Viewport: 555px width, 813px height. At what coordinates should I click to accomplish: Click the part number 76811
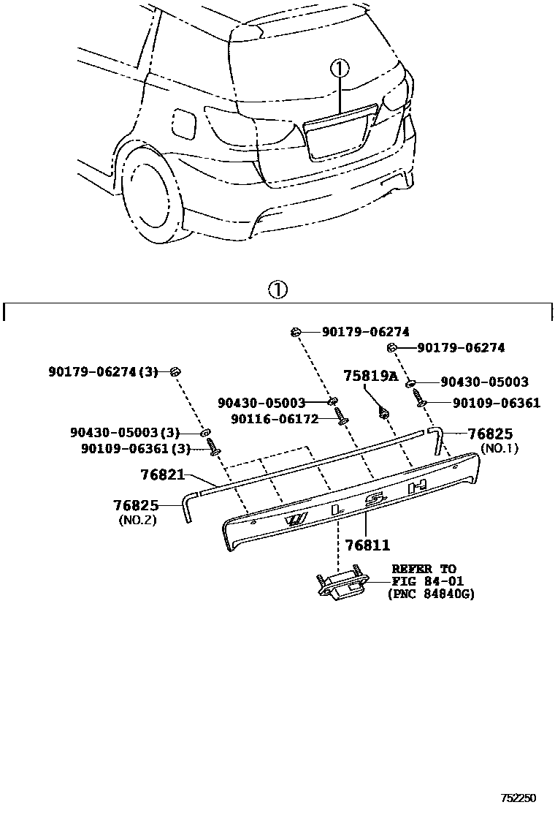click(367, 545)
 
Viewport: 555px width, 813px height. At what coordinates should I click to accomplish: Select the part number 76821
click(162, 474)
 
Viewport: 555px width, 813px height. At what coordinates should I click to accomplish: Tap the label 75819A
click(371, 376)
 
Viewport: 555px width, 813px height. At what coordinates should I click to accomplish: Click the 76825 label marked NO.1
click(490, 434)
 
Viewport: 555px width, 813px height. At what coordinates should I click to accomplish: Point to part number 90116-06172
click(275, 419)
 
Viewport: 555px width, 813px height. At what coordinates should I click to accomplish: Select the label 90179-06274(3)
click(104, 372)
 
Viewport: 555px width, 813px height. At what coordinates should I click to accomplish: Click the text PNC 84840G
click(431, 594)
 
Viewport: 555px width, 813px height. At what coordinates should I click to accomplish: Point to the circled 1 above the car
click(340, 69)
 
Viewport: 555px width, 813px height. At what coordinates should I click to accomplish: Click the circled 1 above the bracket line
click(277, 290)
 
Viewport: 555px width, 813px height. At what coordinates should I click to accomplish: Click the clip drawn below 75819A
click(383, 413)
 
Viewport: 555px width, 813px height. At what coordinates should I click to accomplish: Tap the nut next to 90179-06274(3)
click(175, 373)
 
